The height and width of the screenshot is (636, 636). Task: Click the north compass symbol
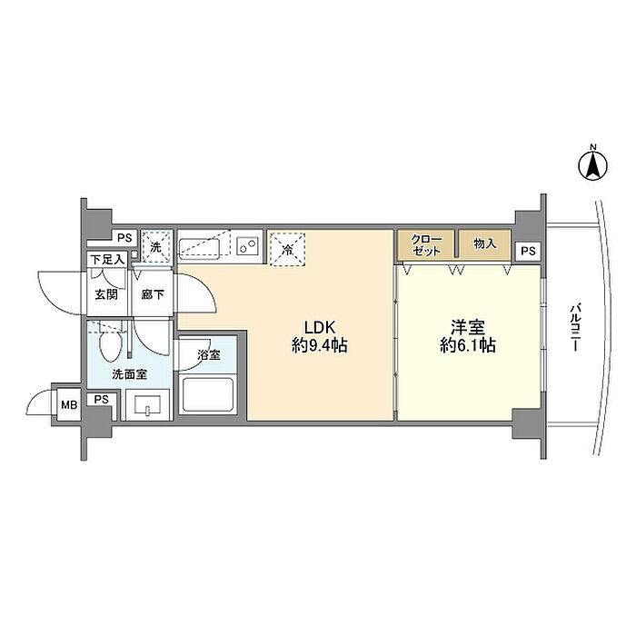[x=592, y=164]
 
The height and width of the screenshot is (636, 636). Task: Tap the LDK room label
[x=320, y=326]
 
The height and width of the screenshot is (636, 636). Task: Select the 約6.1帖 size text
[x=468, y=345]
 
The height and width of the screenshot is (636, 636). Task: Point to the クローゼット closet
[x=426, y=244]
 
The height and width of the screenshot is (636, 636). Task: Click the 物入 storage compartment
[x=484, y=244]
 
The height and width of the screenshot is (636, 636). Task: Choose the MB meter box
[x=69, y=404]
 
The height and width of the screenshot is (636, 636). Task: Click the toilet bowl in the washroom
[x=110, y=343]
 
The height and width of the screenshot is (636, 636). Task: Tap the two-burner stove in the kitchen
[x=248, y=246]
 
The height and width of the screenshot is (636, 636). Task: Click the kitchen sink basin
[x=199, y=247]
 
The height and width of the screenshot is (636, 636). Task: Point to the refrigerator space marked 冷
[x=288, y=249]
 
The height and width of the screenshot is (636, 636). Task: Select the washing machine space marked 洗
[x=156, y=246]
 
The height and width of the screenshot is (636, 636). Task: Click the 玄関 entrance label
[x=106, y=294]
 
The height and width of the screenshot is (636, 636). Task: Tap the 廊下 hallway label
[x=153, y=294]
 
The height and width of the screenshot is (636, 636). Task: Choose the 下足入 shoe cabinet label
[x=107, y=259]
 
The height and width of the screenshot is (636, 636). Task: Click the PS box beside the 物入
[x=528, y=251]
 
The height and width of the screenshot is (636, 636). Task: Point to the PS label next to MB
[x=102, y=400]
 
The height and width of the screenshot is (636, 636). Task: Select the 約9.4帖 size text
[x=320, y=345]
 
